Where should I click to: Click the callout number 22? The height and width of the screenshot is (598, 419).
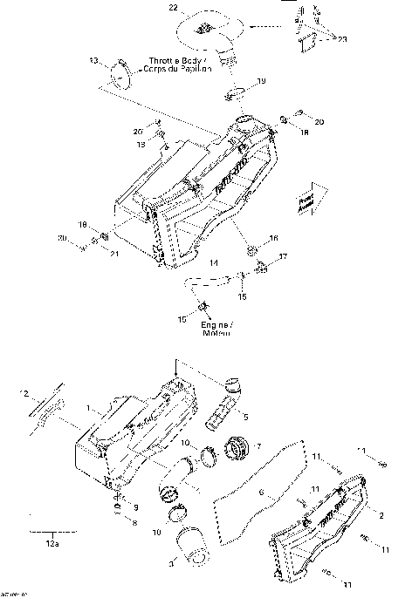173,7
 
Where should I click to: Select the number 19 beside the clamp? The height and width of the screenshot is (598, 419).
262,81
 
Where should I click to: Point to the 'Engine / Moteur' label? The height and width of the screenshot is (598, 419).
214,329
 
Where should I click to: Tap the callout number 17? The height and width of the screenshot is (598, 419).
282,256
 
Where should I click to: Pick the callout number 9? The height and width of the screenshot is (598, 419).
134,506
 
